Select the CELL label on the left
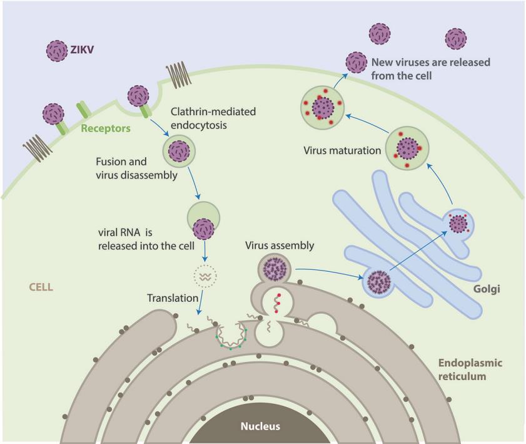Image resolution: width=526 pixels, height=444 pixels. point(41,287)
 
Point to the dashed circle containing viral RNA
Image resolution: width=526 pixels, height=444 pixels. point(204,275)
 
